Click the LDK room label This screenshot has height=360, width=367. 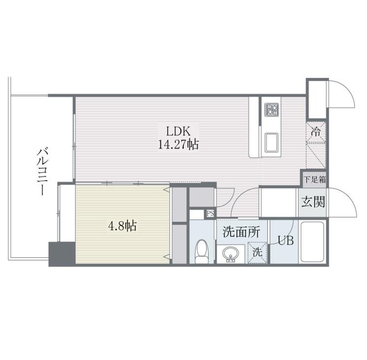click(175, 132)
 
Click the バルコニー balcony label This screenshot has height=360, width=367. click(42, 170)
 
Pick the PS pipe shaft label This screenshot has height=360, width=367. click(210, 214)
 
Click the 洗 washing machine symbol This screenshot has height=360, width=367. click(257, 251)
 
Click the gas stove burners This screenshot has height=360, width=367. click(271, 110)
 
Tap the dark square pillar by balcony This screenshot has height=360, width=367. click(62, 254)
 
